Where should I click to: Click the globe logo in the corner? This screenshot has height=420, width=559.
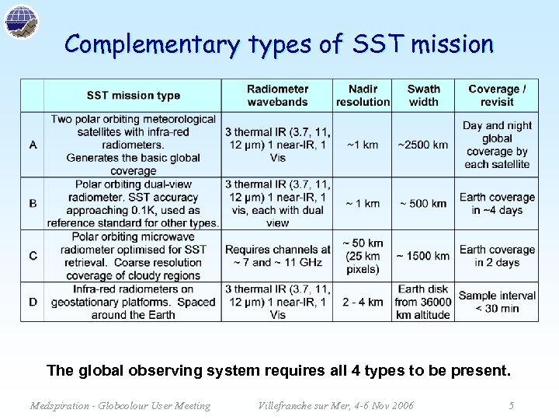21,21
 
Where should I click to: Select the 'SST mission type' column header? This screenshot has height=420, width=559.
134,96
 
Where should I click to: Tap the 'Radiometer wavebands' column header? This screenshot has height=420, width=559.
277,96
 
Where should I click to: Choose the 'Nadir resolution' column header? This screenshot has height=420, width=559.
363,96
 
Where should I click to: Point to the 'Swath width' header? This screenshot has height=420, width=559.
423,96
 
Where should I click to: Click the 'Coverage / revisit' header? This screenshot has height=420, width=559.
497,96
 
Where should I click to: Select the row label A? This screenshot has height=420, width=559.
33,145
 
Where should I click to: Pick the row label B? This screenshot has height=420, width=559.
33,204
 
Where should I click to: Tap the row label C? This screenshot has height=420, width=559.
33,256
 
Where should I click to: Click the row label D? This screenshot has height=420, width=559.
33,302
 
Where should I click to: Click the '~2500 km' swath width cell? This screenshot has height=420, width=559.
423,145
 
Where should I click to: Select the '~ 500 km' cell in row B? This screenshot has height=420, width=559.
423,204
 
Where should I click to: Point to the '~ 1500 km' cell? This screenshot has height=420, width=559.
423,256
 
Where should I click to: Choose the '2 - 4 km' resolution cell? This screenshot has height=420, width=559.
363,302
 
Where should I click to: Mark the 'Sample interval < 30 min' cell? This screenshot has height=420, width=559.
497,302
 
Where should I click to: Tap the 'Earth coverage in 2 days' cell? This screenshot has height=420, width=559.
497,256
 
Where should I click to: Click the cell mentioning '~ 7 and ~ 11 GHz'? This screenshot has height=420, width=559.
277,256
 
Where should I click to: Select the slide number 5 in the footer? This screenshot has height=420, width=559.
511,405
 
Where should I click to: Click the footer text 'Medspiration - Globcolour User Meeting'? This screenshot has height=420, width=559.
120,405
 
